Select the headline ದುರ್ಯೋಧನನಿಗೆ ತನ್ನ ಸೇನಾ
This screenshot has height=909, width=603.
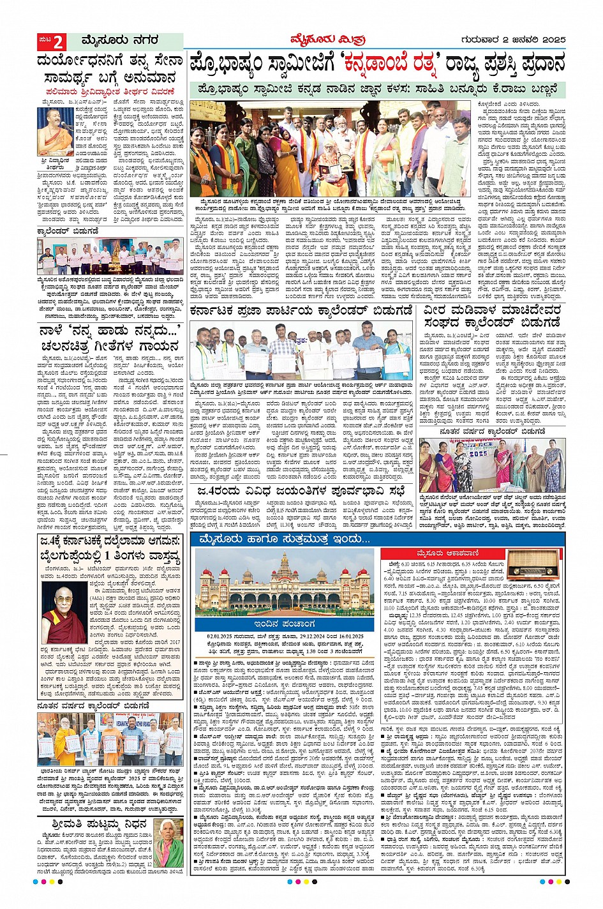tap(110, 63)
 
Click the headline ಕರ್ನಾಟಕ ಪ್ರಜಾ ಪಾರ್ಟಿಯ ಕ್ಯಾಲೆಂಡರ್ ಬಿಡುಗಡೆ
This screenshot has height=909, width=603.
tap(302, 311)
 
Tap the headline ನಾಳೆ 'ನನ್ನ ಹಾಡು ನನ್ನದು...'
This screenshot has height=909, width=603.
tap(110, 331)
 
